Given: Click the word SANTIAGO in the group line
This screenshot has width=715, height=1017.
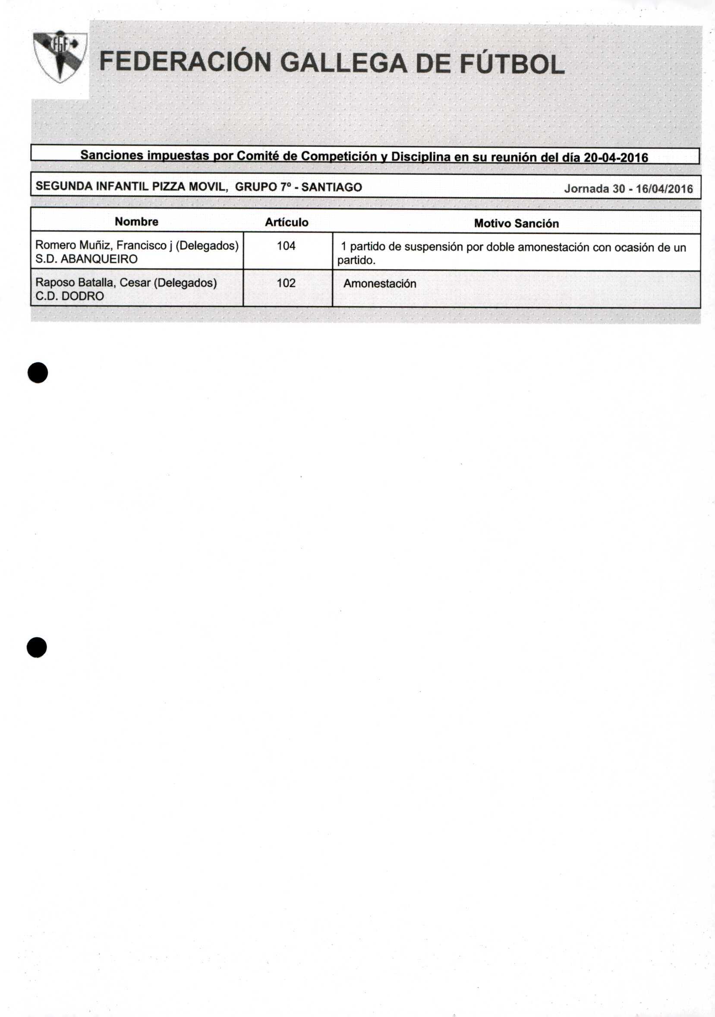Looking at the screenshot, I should click(331, 187).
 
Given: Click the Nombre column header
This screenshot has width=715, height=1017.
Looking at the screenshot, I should click(136, 222).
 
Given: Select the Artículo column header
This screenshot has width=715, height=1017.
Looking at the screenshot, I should click(287, 223).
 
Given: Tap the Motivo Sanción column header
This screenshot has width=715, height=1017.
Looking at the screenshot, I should click(516, 224).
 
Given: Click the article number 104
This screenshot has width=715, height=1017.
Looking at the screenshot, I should click(286, 246).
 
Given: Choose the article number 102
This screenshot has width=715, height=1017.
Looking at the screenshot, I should click(286, 283).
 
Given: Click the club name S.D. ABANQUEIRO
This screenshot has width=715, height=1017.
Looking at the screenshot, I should click(86, 259).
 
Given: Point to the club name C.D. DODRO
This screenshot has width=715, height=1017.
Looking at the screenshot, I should click(69, 296).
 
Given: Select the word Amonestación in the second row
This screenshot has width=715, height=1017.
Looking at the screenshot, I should click(379, 284).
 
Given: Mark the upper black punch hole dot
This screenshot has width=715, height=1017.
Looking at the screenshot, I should click(38, 373).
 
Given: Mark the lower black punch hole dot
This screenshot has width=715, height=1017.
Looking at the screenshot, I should click(37, 647).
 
